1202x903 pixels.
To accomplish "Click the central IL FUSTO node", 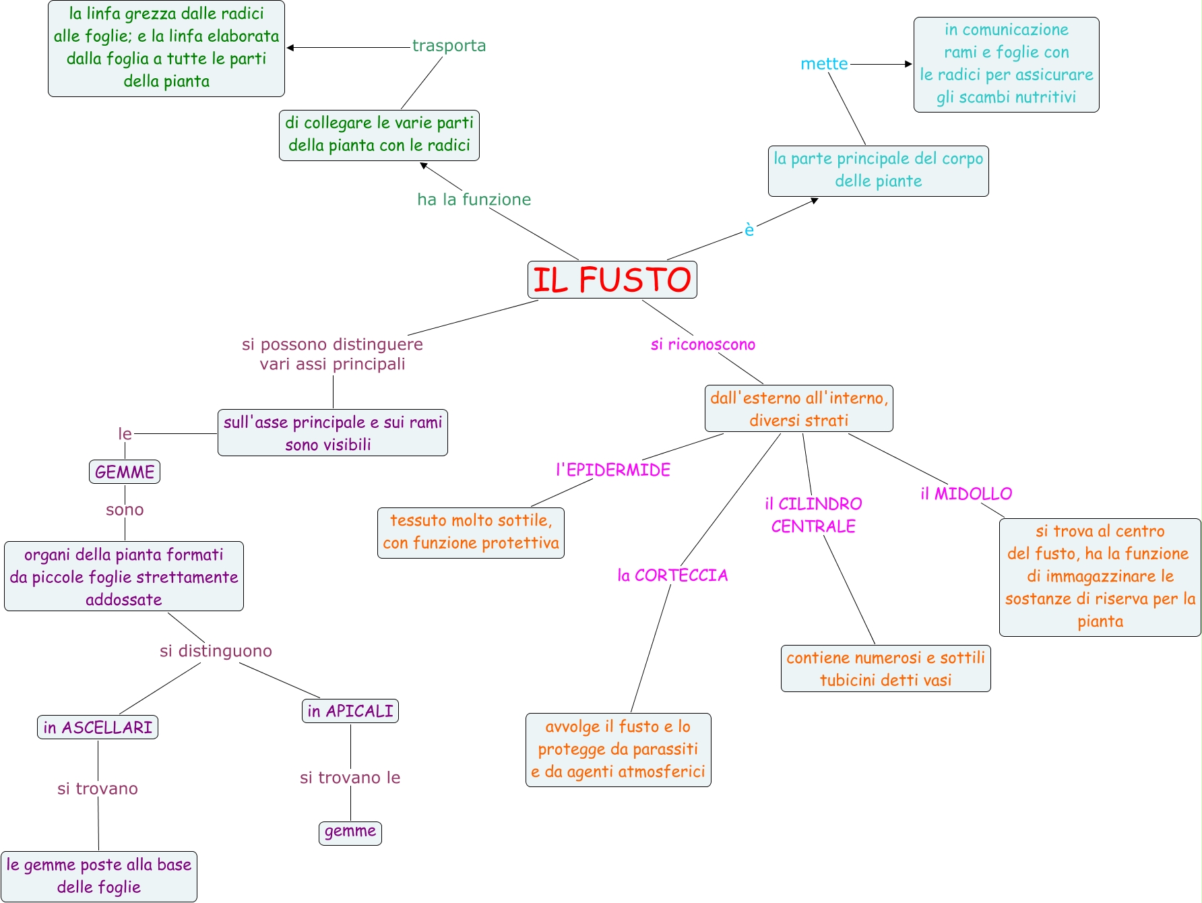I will pyautogui.click(x=612, y=280).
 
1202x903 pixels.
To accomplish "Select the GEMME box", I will pyautogui.click(x=125, y=472).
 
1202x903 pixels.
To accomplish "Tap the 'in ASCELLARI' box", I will pyautogui.click(x=98, y=727).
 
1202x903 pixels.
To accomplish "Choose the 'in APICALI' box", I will pyautogui.click(x=350, y=711).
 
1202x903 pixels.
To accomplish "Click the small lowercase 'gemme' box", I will pyautogui.click(x=350, y=832).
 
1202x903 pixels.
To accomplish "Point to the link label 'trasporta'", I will pyautogui.click(x=449, y=46).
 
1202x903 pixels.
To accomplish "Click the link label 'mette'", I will pyautogui.click(x=824, y=64).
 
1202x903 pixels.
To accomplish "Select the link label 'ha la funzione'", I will pyautogui.click(x=474, y=199).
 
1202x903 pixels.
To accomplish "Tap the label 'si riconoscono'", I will pyautogui.click(x=703, y=344).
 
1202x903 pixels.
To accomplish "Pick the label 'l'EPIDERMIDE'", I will pyautogui.click(x=613, y=470).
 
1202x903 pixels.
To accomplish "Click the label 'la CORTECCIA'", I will pyautogui.click(x=672, y=575).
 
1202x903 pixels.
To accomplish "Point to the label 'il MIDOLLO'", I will pyautogui.click(x=966, y=494).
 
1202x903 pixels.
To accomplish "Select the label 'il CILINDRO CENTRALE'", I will pyautogui.click(x=813, y=515).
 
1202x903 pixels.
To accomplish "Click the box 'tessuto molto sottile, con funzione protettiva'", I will pyautogui.click(x=471, y=532).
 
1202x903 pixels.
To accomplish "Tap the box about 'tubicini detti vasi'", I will pyautogui.click(x=885, y=668).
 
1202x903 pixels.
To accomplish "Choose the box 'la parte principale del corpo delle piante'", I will pyautogui.click(x=878, y=170).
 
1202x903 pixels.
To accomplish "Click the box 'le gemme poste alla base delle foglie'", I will pyautogui.click(x=99, y=876).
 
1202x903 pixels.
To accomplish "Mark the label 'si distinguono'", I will pyautogui.click(x=216, y=651).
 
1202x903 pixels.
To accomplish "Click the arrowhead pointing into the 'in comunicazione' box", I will pyautogui.click(x=908, y=64).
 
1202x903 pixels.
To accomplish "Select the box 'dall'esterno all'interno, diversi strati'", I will pyautogui.click(x=799, y=408).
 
